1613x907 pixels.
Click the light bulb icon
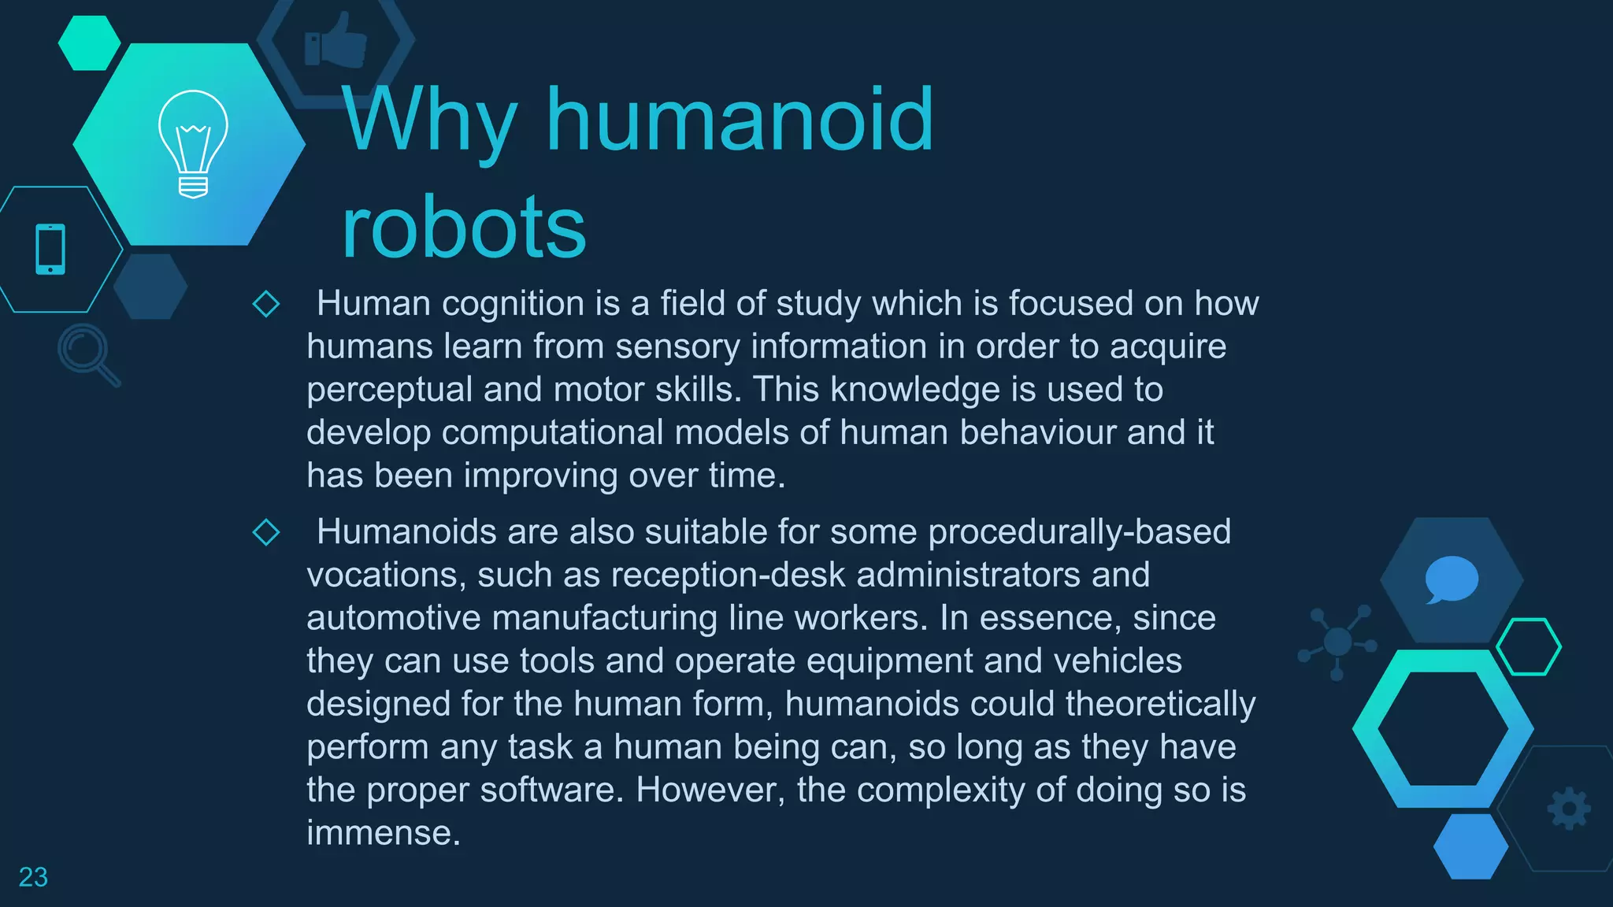193,144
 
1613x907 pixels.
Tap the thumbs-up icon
336,40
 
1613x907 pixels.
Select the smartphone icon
50,250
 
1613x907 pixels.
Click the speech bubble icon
1451,579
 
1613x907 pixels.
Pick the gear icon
1568,809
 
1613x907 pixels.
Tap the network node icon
1337,642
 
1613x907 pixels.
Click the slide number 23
33,877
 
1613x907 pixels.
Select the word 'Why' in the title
430,120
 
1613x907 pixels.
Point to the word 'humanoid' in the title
740,120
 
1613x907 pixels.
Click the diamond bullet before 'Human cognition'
266,304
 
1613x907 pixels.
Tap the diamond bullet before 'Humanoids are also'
266,532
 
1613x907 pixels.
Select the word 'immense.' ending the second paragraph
384,833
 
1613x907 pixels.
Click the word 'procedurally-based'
1079,532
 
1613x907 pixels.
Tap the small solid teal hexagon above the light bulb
89,43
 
